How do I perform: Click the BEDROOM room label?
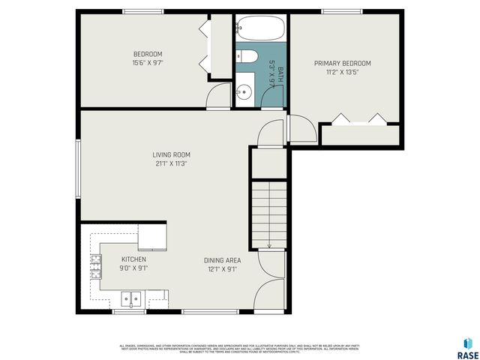[x=148, y=54]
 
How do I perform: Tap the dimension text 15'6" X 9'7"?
[x=148, y=63]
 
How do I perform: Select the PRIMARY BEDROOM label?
[x=342, y=64]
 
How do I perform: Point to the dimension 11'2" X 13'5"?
[x=342, y=73]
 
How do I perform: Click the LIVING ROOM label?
[x=171, y=155]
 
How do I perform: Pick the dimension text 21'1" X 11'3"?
[x=171, y=163]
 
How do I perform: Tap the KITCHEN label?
[x=133, y=259]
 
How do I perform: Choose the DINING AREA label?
[x=222, y=260]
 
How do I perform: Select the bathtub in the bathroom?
[x=260, y=30]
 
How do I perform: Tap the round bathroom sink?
[x=243, y=92]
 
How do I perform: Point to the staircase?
[x=268, y=214]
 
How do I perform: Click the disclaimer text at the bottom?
[x=240, y=347]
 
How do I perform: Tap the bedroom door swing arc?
[x=218, y=95]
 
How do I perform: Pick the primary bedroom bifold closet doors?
[x=358, y=118]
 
